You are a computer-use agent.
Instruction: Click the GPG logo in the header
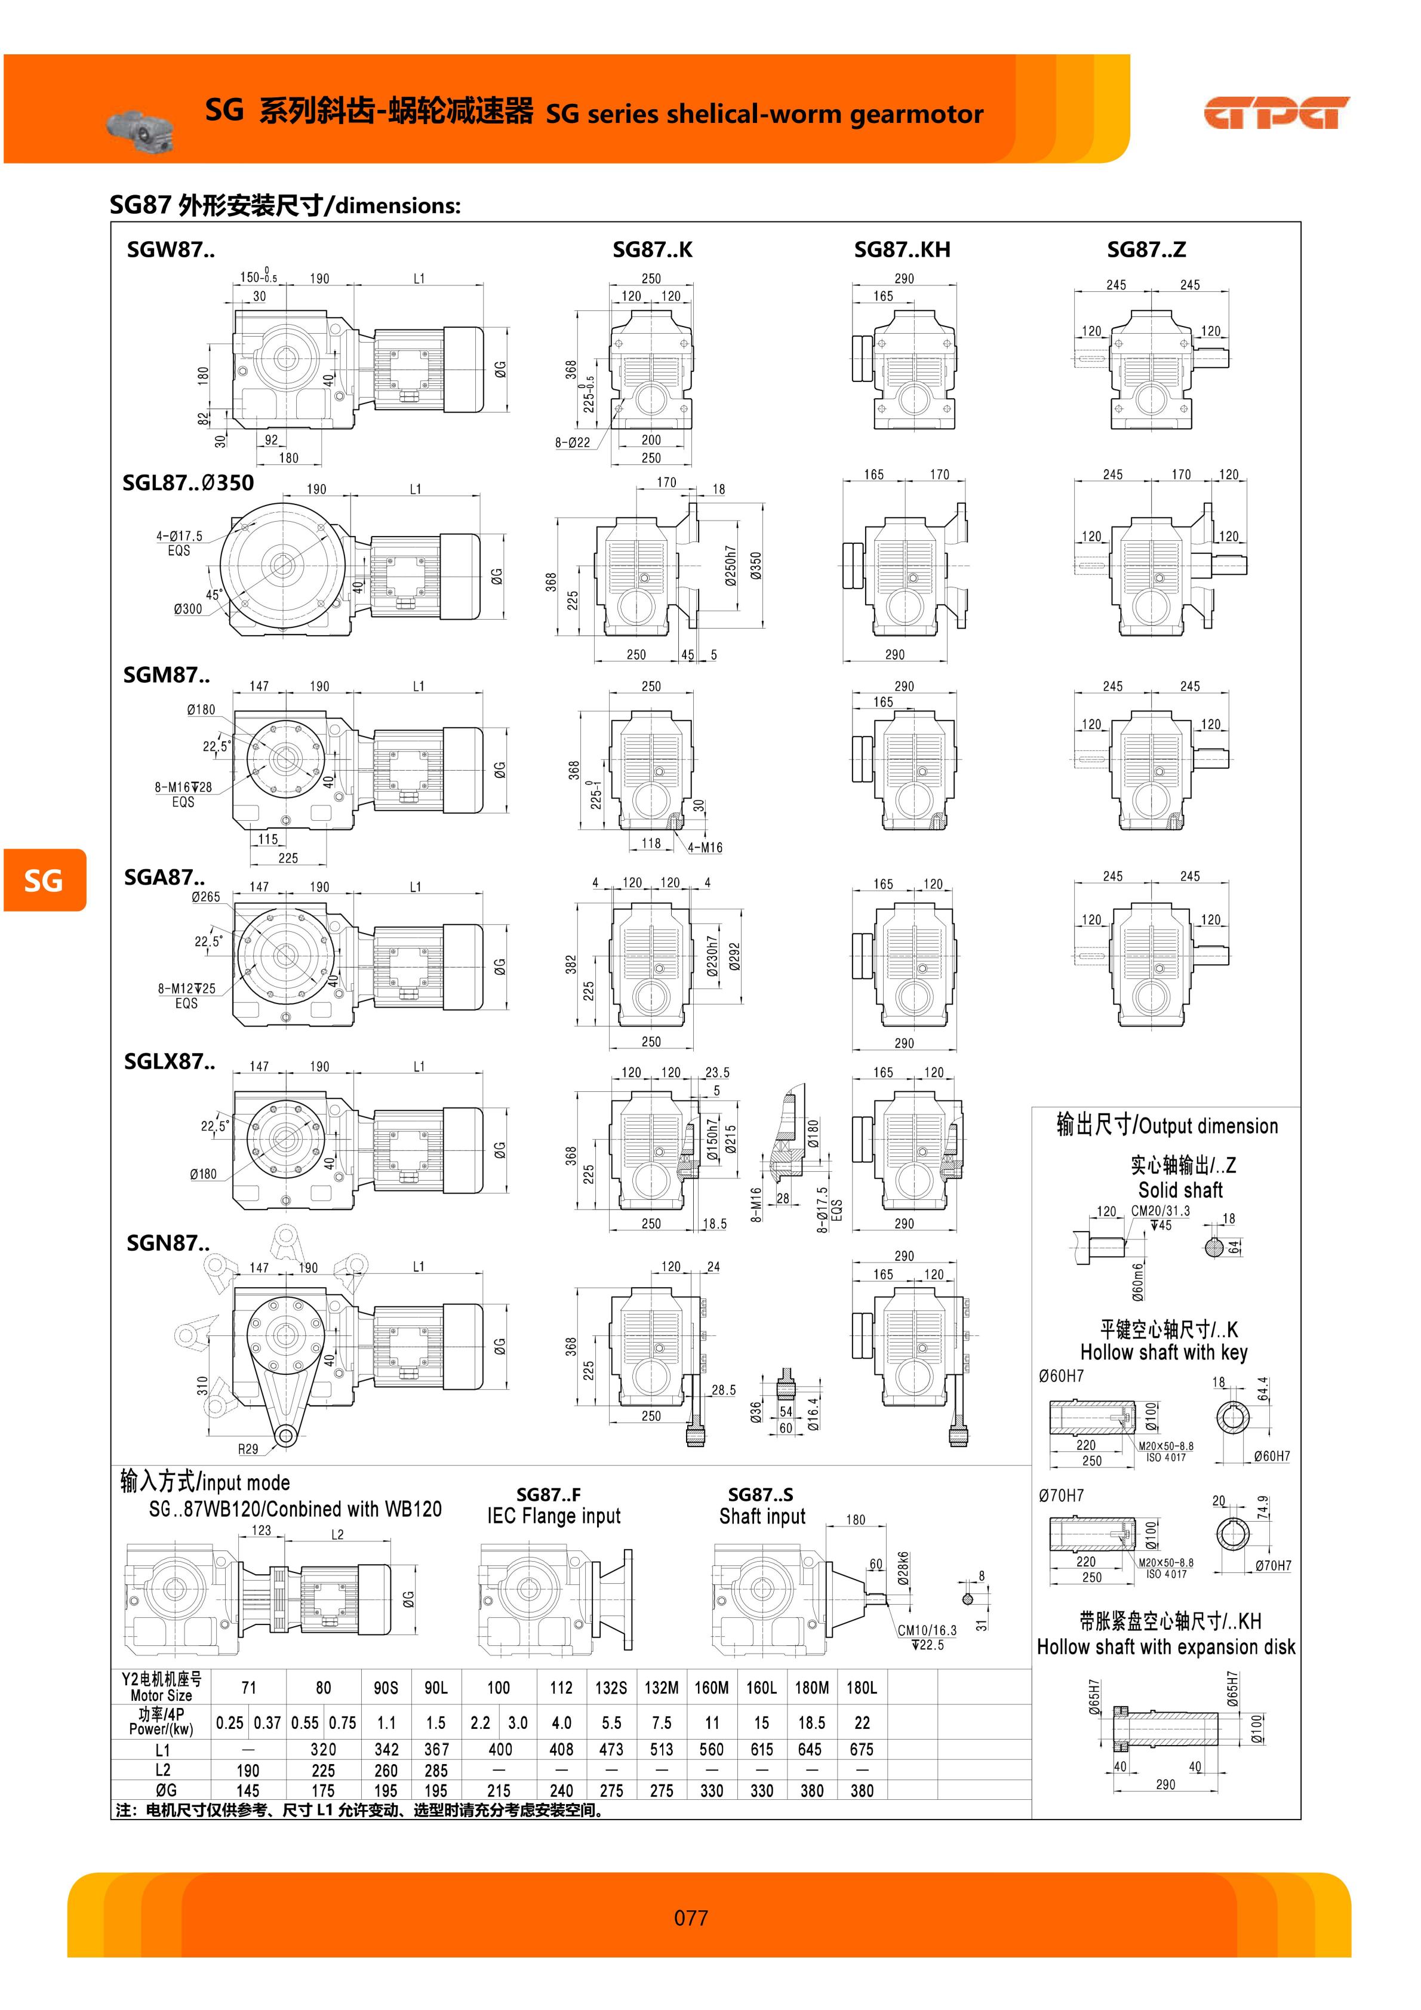click(1277, 113)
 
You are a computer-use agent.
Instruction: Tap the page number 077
click(691, 1918)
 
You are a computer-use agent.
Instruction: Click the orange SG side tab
click(44, 880)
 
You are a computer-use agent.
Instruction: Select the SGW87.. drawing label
click(171, 250)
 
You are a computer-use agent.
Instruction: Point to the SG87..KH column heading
click(902, 250)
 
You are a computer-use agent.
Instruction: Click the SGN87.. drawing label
click(168, 1243)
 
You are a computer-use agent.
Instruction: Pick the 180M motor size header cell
click(811, 1687)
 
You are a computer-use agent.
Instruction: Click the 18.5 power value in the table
click(811, 1723)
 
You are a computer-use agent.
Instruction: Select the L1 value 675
click(862, 1749)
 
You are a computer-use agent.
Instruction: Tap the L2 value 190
click(248, 1769)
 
